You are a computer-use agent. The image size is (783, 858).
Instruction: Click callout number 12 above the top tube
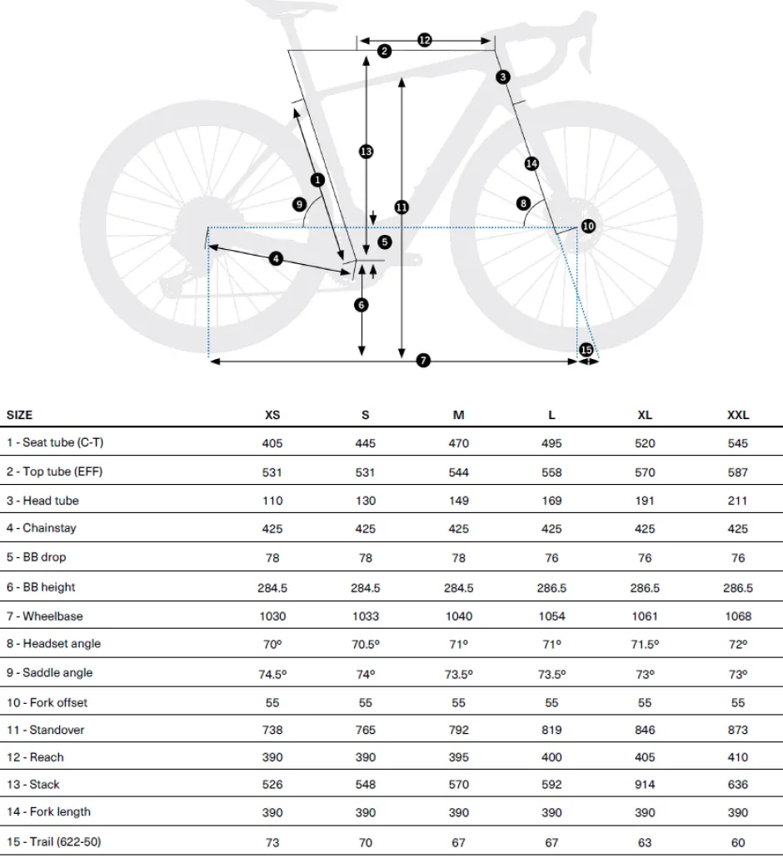coord(425,40)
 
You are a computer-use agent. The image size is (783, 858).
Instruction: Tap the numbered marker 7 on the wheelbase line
coord(423,360)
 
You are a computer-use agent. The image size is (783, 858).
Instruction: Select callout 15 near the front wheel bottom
coord(586,350)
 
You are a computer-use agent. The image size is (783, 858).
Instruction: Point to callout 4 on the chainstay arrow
coord(276,258)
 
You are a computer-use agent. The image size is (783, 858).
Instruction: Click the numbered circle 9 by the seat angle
coord(299,204)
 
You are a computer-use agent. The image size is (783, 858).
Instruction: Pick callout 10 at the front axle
coord(588,226)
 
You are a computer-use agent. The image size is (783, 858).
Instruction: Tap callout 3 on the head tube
coord(503,77)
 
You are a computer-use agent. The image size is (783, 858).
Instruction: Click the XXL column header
coord(737,415)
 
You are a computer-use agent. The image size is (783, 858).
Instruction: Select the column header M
coord(458,415)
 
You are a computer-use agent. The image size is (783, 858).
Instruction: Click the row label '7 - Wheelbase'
coord(45,616)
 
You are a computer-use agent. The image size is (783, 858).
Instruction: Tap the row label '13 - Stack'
coord(32,784)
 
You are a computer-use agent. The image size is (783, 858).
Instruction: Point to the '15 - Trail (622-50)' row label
coord(53,841)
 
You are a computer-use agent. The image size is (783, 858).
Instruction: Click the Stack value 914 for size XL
coord(645,784)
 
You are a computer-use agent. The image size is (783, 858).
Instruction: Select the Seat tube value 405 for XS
coord(272,443)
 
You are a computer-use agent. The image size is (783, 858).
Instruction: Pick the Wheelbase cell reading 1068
coord(737,616)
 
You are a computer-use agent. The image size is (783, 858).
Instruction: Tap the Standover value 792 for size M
coord(458,730)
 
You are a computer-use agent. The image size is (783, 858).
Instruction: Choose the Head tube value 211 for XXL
coord(737,501)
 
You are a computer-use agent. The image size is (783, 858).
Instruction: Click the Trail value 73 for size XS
coord(272,842)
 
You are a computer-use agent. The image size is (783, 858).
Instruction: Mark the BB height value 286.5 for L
coord(551,587)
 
